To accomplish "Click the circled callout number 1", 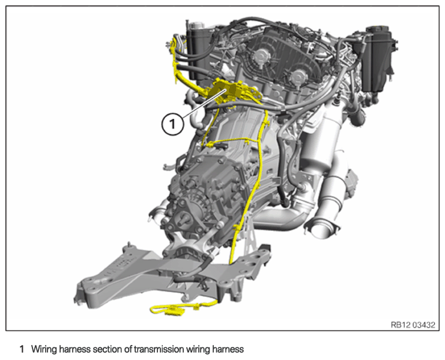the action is coord(173,124).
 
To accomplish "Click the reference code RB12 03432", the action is coord(413,325).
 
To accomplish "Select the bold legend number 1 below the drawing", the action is coord(22,349).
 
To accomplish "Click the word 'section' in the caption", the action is coord(107,349).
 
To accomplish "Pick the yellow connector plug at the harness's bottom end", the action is coord(174,311).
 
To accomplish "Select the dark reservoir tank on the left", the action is coord(196,51).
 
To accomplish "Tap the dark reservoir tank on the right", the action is coord(379,58).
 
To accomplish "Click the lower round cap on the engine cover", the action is coord(297,76).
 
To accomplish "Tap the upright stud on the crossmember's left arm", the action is coord(129,245).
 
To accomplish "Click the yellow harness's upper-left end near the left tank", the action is coord(172,43).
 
